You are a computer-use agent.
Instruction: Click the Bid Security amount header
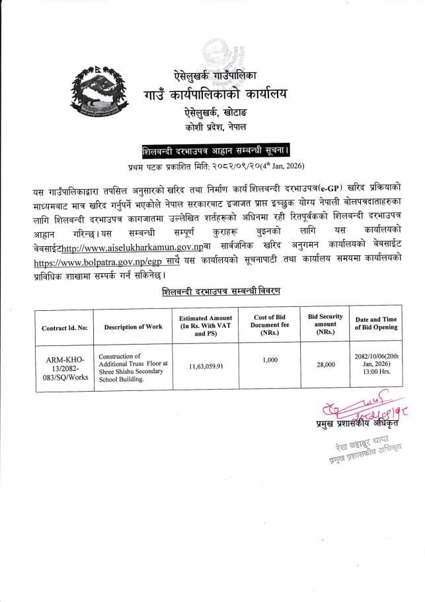[326, 324]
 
